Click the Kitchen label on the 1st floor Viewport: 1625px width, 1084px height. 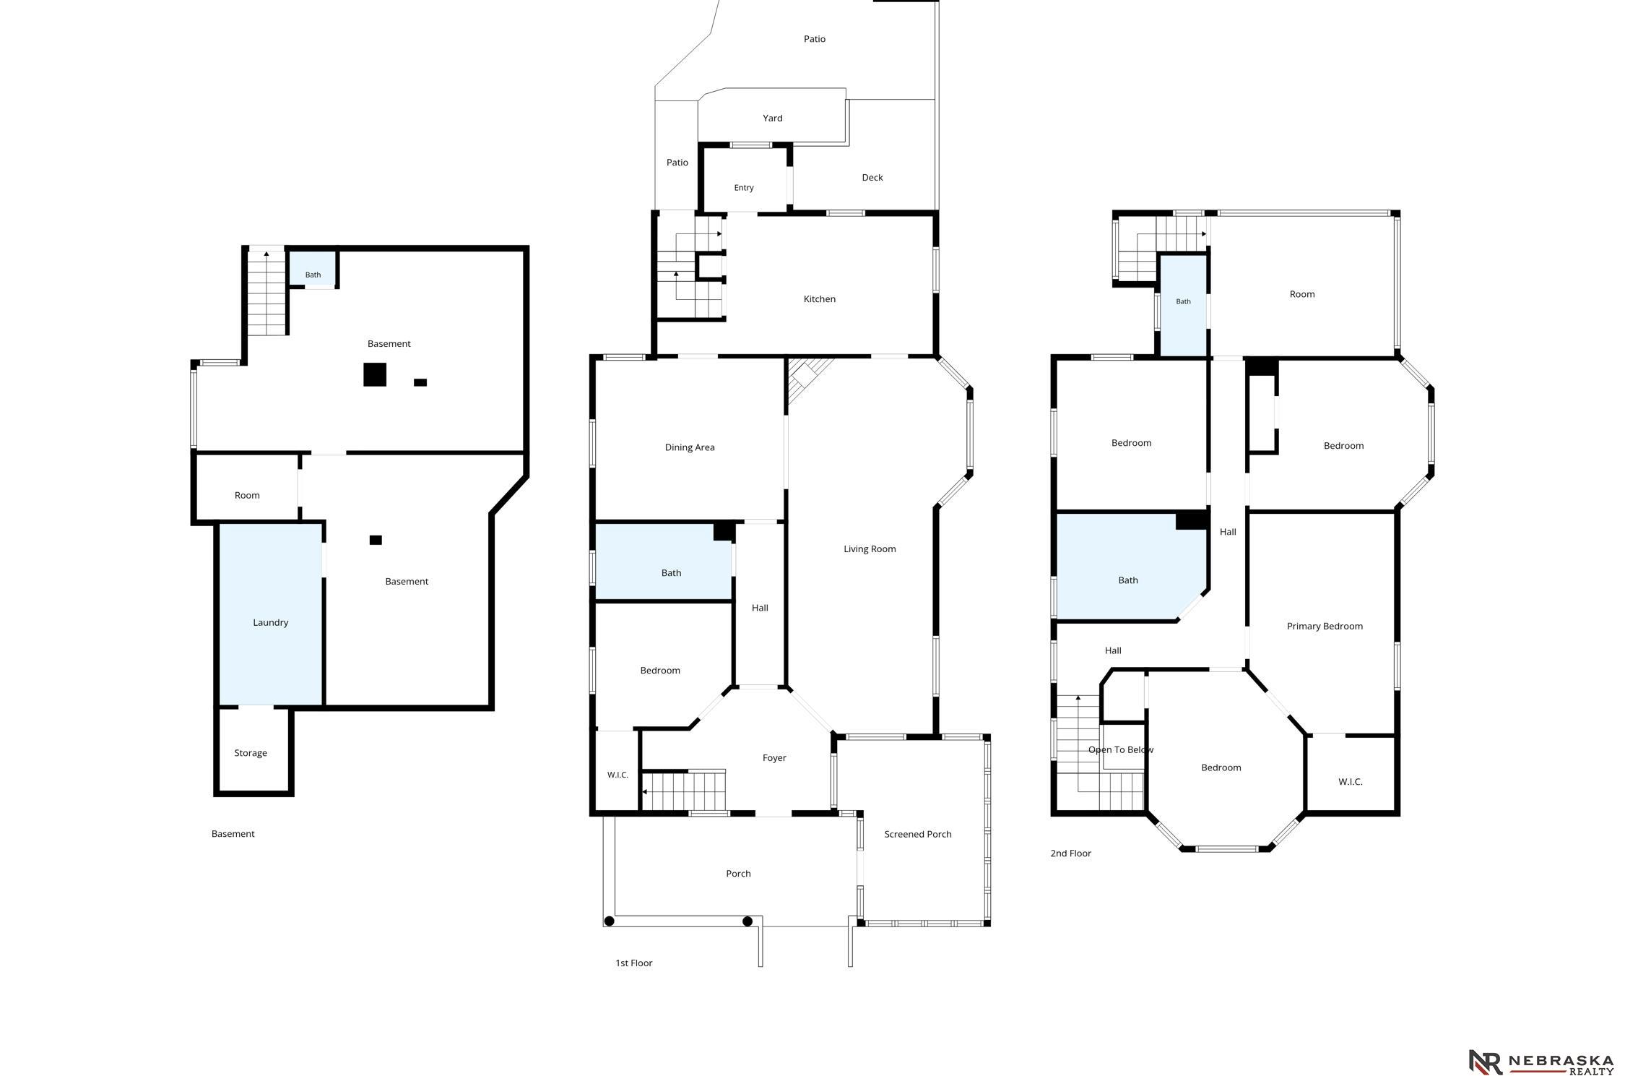819,299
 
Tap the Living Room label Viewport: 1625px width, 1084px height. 870,549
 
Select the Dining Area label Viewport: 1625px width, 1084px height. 690,447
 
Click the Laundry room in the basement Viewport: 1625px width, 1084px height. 271,614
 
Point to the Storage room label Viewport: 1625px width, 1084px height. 251,753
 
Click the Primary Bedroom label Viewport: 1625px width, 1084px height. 1325,627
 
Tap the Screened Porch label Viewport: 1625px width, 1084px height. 918,834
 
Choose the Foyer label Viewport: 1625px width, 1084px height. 774,758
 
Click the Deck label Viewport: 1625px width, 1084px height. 872,178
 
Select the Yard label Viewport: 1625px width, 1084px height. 773,119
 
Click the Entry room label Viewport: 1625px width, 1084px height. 744,188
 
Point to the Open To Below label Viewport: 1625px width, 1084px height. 1121,749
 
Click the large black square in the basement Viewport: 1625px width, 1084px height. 375,374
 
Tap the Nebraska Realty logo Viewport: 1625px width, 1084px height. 1540,1062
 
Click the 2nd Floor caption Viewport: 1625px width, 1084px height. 1070,853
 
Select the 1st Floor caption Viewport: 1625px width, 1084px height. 633,963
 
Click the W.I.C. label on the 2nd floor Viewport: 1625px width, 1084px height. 1350,782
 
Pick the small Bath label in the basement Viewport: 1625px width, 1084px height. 313,275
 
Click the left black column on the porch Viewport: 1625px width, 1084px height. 609,921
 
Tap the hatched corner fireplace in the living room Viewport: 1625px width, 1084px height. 805,377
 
